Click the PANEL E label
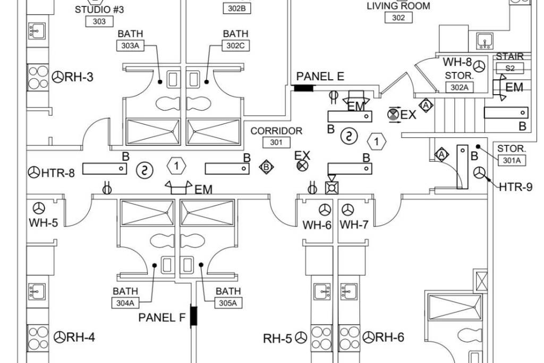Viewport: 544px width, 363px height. pos(320,77)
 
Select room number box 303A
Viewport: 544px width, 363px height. pos(130,45)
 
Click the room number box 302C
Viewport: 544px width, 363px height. pos(235,46)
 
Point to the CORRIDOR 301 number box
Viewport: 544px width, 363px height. pos(276,142)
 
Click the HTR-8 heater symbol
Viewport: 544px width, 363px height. pos(33,172)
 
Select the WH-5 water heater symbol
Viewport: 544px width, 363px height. pos(39,208)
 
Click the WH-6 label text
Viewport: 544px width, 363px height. pos(317,225)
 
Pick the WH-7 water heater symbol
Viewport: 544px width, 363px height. pos(347,210)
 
